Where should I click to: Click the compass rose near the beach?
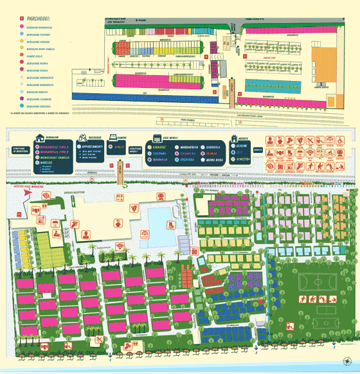pos(347,361)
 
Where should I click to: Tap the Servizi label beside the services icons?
pos(258,150)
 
